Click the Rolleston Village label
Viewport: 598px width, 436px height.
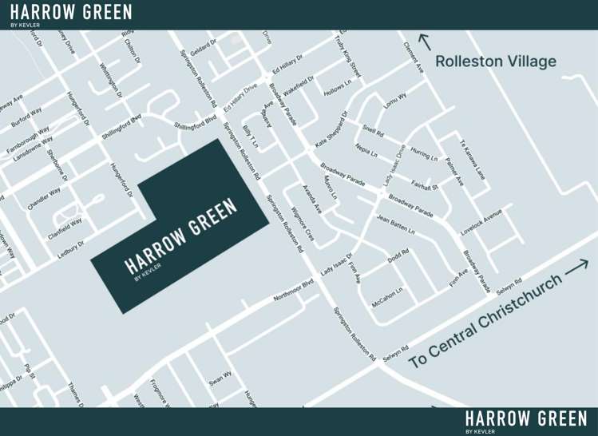495,61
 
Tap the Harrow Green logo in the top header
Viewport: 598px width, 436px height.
71,14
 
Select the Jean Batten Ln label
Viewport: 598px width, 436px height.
396,225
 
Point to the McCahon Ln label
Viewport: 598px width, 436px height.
387,296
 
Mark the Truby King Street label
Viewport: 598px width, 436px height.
348,55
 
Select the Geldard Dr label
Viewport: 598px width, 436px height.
204,47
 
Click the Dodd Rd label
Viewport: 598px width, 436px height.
398,256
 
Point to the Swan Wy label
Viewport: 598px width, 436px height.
220,378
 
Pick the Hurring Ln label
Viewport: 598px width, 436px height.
424,153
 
